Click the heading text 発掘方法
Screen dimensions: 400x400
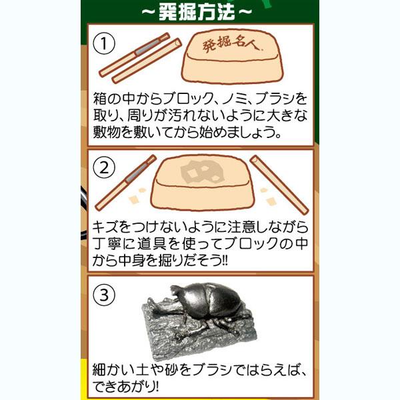coord(197,12)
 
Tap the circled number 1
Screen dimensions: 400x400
coord(104,43)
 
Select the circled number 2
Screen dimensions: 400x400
coord(104,168)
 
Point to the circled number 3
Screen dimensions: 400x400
coord(104,295)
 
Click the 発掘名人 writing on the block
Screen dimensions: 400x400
coord(229,45)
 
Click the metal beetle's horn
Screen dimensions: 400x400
coord(177,291)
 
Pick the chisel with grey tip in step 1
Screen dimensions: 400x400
coord(135,55)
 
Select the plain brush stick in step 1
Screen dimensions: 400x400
coord(147,61)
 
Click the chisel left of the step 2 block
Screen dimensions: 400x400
coord(126,182)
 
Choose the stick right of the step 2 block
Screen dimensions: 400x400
coord(279,185)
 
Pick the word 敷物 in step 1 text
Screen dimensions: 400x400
coord(105,132)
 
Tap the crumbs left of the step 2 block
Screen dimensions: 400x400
coord(137,196)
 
